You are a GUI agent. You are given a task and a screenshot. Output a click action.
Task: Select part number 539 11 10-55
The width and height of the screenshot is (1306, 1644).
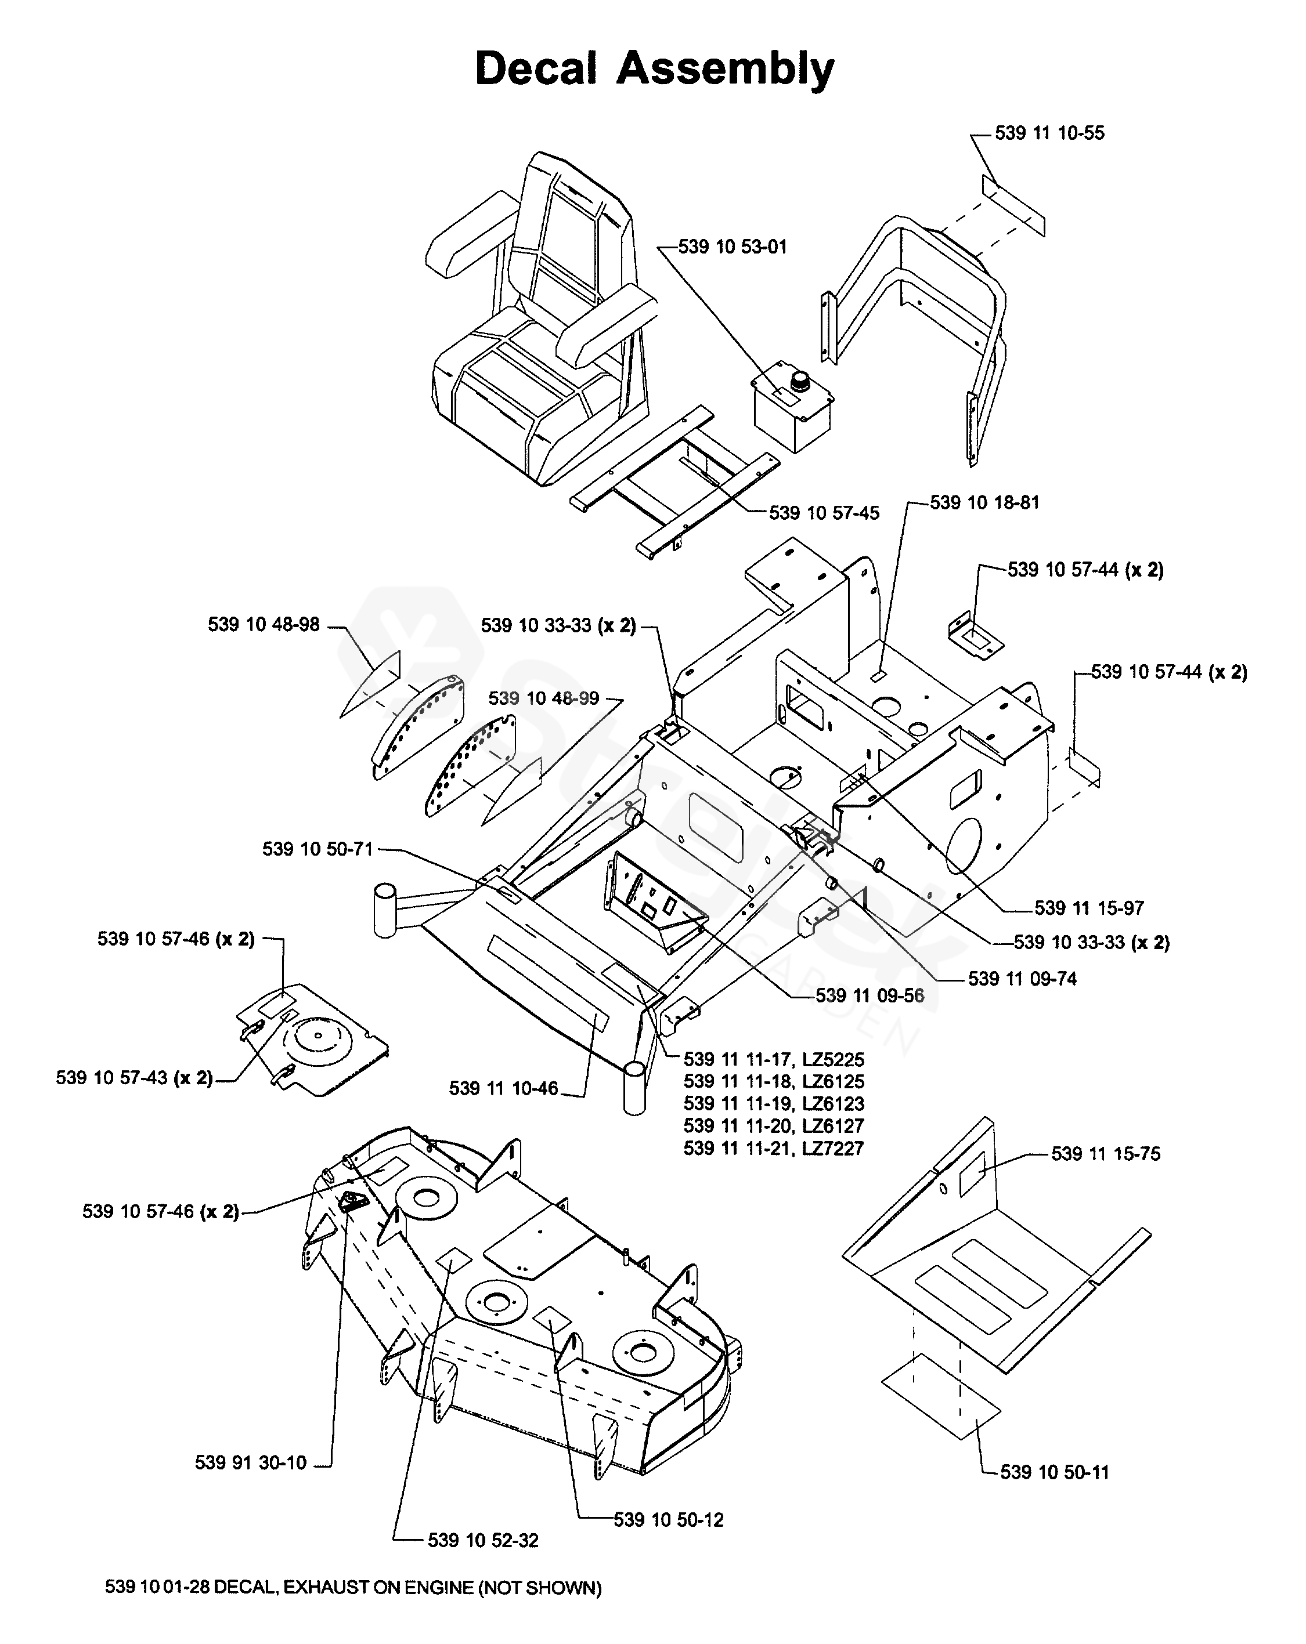(1049, 133)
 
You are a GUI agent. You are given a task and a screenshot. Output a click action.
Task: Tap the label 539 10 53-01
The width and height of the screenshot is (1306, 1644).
(733, 247)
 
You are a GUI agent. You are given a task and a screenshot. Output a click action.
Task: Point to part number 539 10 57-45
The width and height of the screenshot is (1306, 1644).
(824, 513)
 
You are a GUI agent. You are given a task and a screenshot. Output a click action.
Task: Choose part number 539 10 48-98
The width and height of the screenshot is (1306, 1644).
(264, 625)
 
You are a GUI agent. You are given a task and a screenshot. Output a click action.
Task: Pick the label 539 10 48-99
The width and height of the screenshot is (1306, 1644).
(544, 698)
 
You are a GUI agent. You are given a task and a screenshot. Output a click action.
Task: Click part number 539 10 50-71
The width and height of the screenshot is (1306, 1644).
(318, 849)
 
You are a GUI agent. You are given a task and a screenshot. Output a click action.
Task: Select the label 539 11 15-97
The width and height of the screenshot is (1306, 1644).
(1089, 908)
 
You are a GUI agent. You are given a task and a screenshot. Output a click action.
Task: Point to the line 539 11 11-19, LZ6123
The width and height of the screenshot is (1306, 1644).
(774, 1103)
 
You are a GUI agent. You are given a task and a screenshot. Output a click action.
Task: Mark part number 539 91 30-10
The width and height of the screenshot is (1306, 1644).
(251, 1462)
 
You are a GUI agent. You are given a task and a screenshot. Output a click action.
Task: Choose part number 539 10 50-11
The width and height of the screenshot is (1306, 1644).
(1054, 1472)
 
